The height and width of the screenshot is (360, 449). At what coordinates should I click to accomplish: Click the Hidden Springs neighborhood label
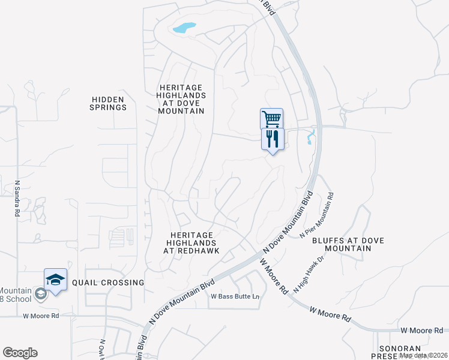point(109,103)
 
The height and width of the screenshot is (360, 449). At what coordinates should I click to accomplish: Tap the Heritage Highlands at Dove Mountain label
point(181,91)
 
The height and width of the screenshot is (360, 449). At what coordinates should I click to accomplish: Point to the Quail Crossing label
point(108,282)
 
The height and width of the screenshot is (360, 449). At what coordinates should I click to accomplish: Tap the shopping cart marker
point(271,118)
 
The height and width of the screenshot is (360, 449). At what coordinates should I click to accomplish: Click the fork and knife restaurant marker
point(272,139)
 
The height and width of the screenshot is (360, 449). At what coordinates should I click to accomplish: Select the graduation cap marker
point(55,280)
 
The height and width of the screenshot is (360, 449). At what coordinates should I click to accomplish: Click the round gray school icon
point(40,293)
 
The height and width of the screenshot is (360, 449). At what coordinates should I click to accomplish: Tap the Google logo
point(20,353)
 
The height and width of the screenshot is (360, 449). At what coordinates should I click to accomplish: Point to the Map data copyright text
point(424,355)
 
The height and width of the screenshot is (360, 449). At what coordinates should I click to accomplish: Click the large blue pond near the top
point(184,28)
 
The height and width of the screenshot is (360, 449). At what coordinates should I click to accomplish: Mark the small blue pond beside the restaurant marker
point(310,137)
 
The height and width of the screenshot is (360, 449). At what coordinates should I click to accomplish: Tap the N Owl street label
point(103,349)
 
